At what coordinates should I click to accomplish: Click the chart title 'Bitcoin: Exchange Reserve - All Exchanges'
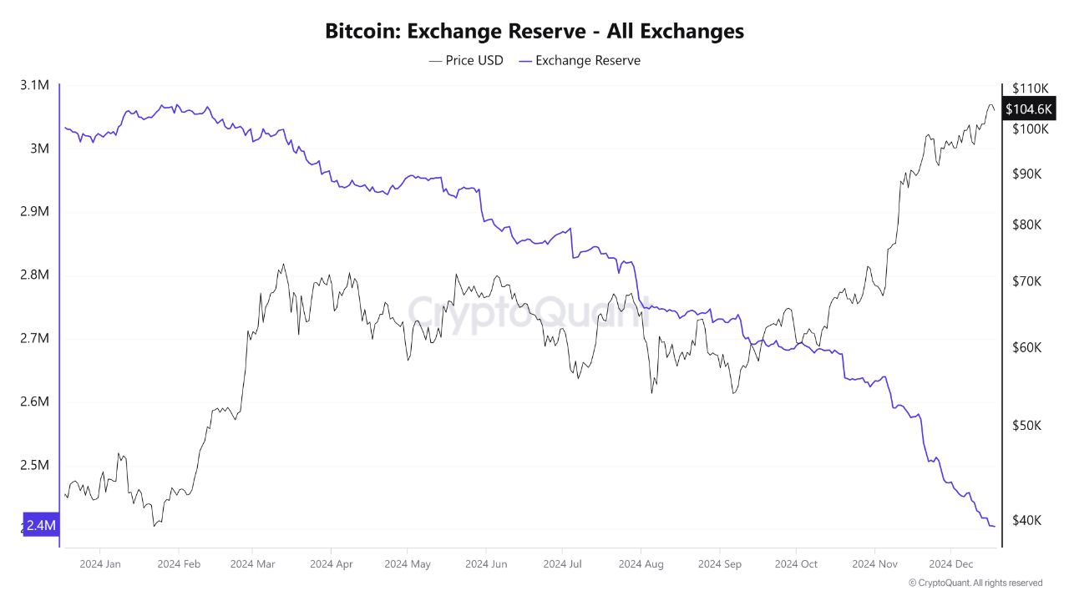(x=534, y=32)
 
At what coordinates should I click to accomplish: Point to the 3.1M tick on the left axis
(x=34, y=85)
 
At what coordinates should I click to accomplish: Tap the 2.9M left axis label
(x=34, y=212)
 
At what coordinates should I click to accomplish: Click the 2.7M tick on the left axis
(x=34, y=339)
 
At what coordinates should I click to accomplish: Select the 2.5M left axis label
(x=34, y=465)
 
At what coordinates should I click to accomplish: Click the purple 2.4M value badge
(x=40, y=525)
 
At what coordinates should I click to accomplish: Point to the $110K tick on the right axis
(x=1030, y=88)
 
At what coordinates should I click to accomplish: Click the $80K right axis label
(x=1027, y=225)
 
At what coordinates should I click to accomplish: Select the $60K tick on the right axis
(x=1027, y=347)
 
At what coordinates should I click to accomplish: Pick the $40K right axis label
(x=1027, y=520)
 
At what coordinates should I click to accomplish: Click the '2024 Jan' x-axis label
(x=99, y=564)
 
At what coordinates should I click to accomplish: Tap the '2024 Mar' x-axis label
(x=254, y=564)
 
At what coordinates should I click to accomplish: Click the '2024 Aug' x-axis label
(x=641, y=564)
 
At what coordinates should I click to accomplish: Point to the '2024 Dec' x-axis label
(x=951, y=564)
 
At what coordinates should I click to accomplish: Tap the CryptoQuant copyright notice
(x=975, y=583)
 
